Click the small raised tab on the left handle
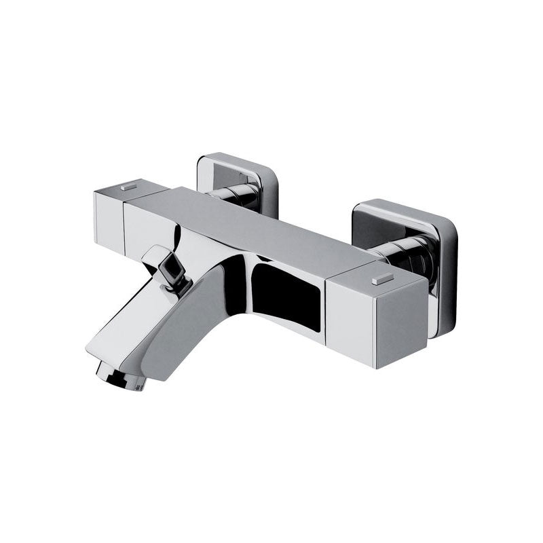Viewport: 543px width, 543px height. (x=128, y=185)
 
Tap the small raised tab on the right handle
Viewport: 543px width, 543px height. (x=382, y=278)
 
